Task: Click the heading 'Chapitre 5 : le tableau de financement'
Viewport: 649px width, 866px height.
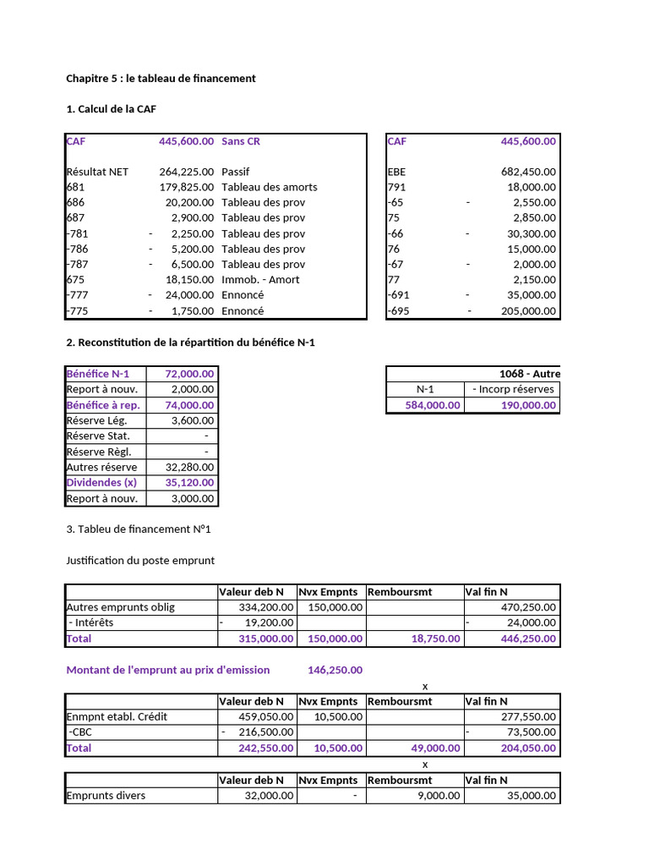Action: point(161,79)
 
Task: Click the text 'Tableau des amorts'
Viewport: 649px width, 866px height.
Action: point(269,187)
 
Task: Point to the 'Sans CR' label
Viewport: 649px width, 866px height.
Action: point(241,141)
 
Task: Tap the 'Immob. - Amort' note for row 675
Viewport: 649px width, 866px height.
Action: point(260,279)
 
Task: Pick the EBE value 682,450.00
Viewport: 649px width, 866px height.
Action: point(528,172)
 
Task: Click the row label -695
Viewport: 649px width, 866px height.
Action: point(397,310)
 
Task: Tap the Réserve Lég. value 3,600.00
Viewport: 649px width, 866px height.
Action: point(193,420)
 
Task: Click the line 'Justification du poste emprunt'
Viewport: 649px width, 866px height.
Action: point(140,560)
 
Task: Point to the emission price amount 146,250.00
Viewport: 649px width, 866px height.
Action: point(335,670)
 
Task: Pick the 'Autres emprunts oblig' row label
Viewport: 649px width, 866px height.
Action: point(122,607)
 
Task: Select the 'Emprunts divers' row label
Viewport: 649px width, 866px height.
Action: point(106,795)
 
